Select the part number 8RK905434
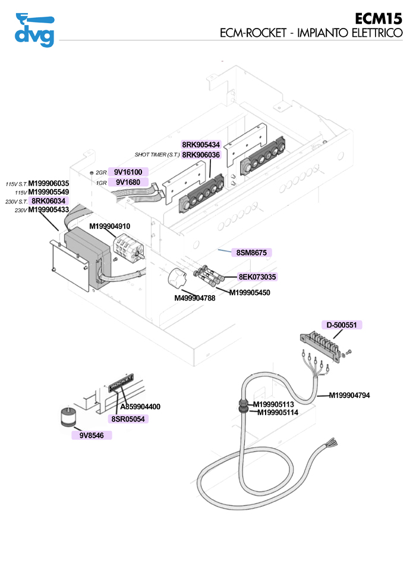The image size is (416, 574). [x=201, y=145]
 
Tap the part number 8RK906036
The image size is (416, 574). [x=201, y=155]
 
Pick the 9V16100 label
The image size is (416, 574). [x=128, y=172]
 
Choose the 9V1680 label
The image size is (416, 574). [x=128, y=182]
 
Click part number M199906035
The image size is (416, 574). [x=49, y=183]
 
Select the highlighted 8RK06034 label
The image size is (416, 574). [x=49, y=201]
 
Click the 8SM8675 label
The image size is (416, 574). [x=251, y=253]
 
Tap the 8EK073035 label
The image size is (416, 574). [x=257, y=277]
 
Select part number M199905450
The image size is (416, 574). [x=250, y=293]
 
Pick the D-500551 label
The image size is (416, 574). [x=342, y=325]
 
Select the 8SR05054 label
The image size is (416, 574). [x=128, y=419]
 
